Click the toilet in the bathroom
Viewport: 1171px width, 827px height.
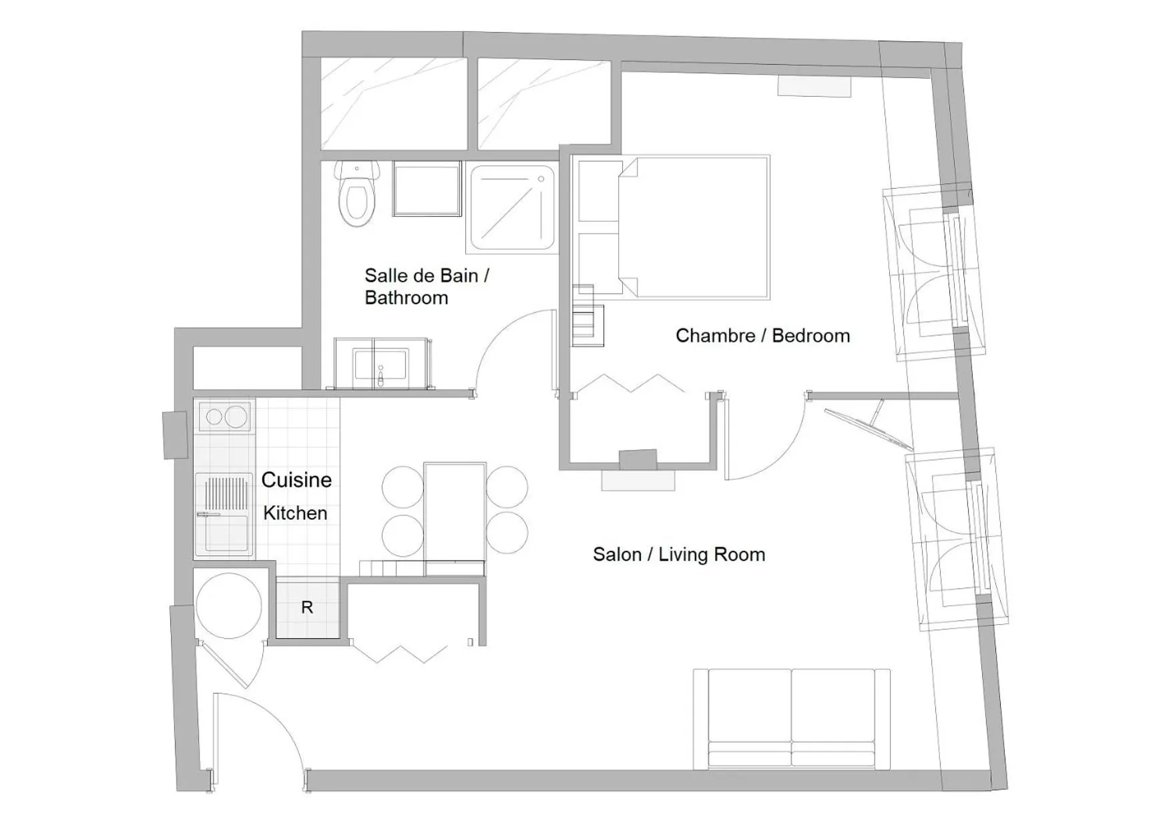(357, 196)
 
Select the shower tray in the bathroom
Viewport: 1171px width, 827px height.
(513, 208)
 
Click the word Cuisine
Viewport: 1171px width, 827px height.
(296, 480)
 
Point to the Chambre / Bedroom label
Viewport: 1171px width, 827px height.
(762, 336)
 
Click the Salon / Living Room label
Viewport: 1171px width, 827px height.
(678, 555)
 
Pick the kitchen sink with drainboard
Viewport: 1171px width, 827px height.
(224, 515)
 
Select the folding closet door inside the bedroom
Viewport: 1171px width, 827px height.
(630, 384)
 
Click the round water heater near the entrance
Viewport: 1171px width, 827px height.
(229, 606)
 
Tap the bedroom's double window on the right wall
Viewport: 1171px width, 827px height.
(935, 274)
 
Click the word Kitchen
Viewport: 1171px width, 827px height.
(295, 513)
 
